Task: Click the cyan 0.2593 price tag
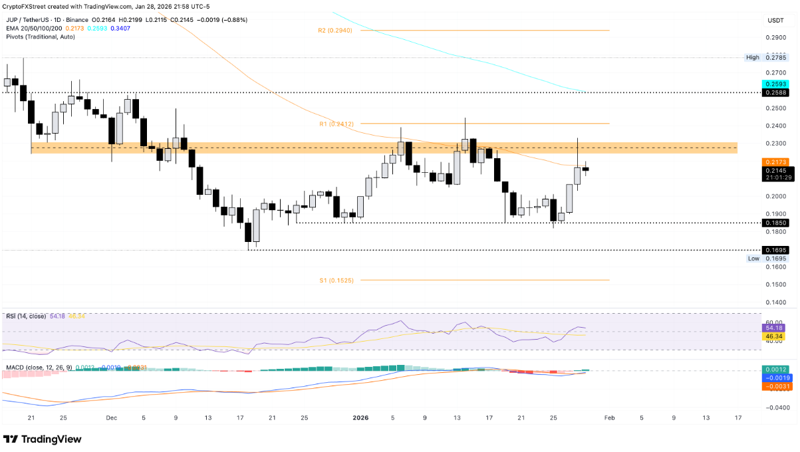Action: tap(775, 84)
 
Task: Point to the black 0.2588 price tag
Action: tap(775, 93)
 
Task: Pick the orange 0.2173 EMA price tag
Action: tap(775, 162)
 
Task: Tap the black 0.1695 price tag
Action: tap(775, 250)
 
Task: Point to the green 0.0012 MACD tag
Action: tap(775, 369)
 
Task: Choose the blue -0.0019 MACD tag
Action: tap(775, 378)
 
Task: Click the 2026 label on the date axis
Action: tap(360, 418)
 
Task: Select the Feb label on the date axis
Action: tap(609, 418)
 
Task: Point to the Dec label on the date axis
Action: tap(111, 418)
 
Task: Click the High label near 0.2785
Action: tap(752, 58)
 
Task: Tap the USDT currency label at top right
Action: tap(775, 21)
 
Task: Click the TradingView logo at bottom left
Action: tap(43, 439)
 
